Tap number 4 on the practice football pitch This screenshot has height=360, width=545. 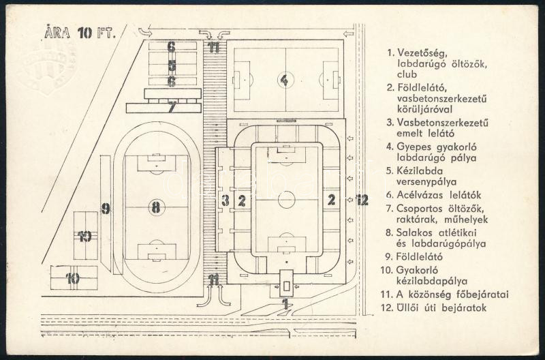click(x=283, y=80)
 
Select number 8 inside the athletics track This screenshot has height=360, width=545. click(x=156, y=208)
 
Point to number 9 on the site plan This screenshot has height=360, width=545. click(x=106, y=209)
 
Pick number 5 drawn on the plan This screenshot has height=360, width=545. click(x=172, y=67)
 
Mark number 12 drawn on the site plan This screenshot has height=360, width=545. click(x=362, y=200)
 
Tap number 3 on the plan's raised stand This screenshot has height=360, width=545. click(x=225, y=200)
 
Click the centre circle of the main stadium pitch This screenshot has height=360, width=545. click(x=287, y=200)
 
